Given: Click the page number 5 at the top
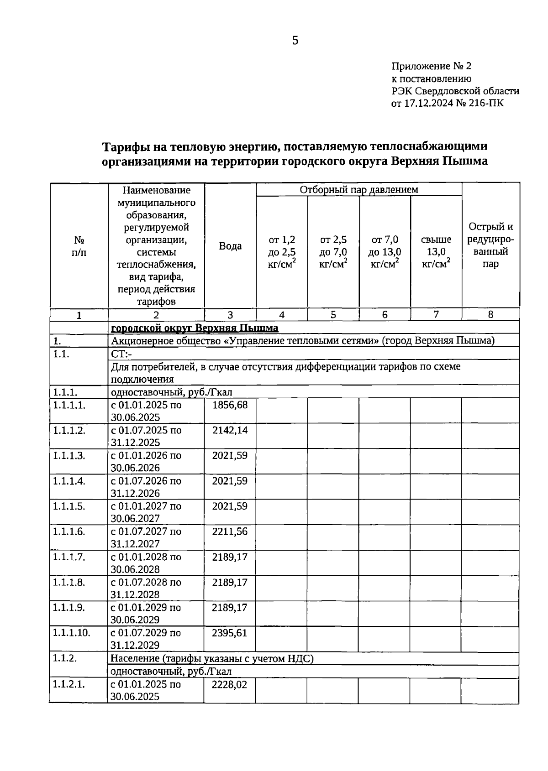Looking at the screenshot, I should click(295, 41).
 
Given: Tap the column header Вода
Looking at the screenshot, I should click(230, 246).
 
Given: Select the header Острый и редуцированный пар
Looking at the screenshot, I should click(490, 245).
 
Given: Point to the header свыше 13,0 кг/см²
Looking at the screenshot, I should click(436, 251).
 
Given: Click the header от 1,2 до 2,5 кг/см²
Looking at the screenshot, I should click(282, 251).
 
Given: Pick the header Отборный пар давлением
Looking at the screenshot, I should click(358, 189).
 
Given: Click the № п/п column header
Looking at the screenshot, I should click(79, 246).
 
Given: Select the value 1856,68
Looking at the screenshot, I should click(230, 405).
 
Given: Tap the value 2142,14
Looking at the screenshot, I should click(230, 430).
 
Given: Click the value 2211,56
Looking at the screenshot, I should click(230, 531).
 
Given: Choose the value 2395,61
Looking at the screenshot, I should click(230, 633).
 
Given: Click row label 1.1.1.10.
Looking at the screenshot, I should click(72, 633).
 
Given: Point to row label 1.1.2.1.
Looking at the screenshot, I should click(69, 684).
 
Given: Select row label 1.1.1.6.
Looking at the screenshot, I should click(69, 531).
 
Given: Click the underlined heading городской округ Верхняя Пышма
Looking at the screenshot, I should click(195, 328).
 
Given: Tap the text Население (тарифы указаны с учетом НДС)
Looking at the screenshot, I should click(212, 658).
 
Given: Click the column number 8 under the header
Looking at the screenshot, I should click(490, 314).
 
